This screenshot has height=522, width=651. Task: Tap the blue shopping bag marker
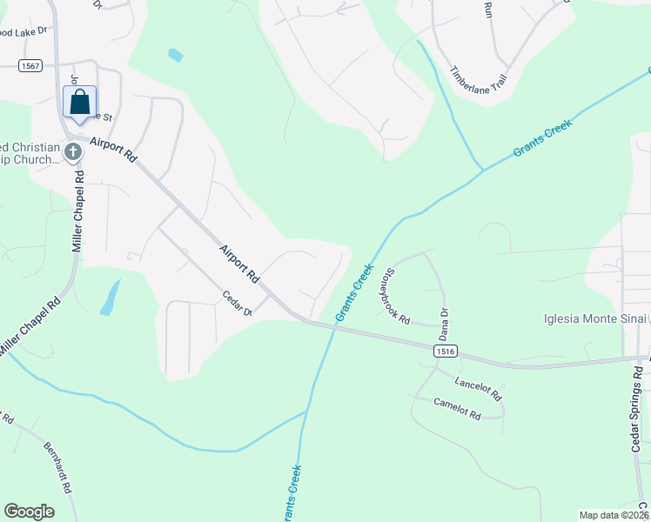[79, 103]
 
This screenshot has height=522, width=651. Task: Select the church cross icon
[73, 152]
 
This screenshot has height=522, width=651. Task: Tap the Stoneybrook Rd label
[393, 296]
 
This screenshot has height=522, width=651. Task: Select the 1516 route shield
[444, 350]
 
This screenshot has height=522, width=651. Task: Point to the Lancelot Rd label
[479, 388]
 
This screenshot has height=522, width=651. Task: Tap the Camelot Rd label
[458, 409]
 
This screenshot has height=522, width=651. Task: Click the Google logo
[29, 512]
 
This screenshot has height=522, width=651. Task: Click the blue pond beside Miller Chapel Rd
[110, 298]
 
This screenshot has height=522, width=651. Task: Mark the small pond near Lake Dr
[176, 56]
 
